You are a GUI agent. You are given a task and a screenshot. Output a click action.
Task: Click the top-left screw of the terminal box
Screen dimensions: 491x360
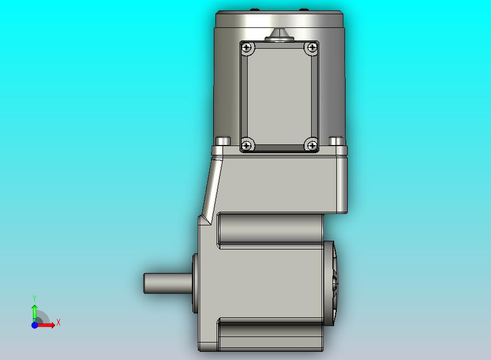click(x=247, y=48)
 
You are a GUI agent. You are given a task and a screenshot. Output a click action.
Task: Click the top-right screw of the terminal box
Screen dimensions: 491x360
click(x=312, y=47)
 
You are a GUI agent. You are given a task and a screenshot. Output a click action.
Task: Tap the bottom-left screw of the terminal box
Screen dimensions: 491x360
click(x=247, y=146)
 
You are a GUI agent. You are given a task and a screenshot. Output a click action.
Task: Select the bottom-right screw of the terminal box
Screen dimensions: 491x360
click(x=312, y=146)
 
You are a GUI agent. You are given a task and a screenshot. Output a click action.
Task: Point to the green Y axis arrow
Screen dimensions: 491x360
click(x=34, y=312)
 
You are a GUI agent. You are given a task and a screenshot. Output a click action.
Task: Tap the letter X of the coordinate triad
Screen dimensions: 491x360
click(x=59, y=322)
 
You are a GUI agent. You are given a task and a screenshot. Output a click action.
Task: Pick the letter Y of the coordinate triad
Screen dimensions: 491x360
click(x=34, y=298)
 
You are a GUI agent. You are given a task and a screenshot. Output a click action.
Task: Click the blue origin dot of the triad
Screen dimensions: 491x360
click(x=34, y=325)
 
